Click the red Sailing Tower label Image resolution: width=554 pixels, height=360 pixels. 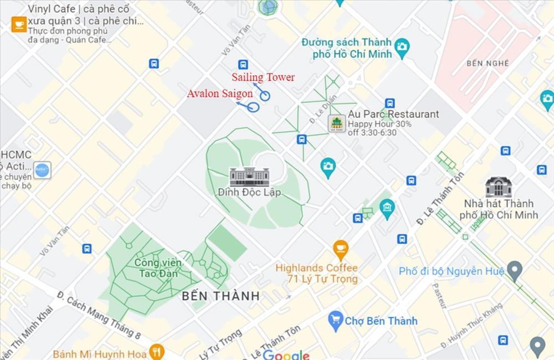[263, 78]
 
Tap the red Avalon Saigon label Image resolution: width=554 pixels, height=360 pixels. [219, 94]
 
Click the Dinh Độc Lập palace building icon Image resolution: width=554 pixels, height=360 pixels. [249, 177]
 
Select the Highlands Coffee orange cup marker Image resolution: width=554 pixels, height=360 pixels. [340, 248]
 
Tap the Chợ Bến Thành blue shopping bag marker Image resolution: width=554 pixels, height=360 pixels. [335, 320]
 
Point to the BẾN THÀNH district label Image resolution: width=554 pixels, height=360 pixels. [220, 296]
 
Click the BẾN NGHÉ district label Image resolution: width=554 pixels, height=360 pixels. [488, 63]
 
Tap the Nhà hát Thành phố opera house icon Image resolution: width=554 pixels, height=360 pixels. [498, 187]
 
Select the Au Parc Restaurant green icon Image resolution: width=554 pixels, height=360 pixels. [336, 124]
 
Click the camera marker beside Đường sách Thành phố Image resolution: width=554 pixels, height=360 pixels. [402, 48]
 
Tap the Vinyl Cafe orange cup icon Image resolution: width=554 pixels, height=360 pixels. [19, 24]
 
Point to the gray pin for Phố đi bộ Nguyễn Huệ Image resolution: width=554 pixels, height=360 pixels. [515, 271]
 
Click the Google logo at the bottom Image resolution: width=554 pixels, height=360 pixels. [286, 355]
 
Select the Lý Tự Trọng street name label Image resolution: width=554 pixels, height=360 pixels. [221, 344]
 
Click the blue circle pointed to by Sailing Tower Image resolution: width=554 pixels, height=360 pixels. [265, 96]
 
